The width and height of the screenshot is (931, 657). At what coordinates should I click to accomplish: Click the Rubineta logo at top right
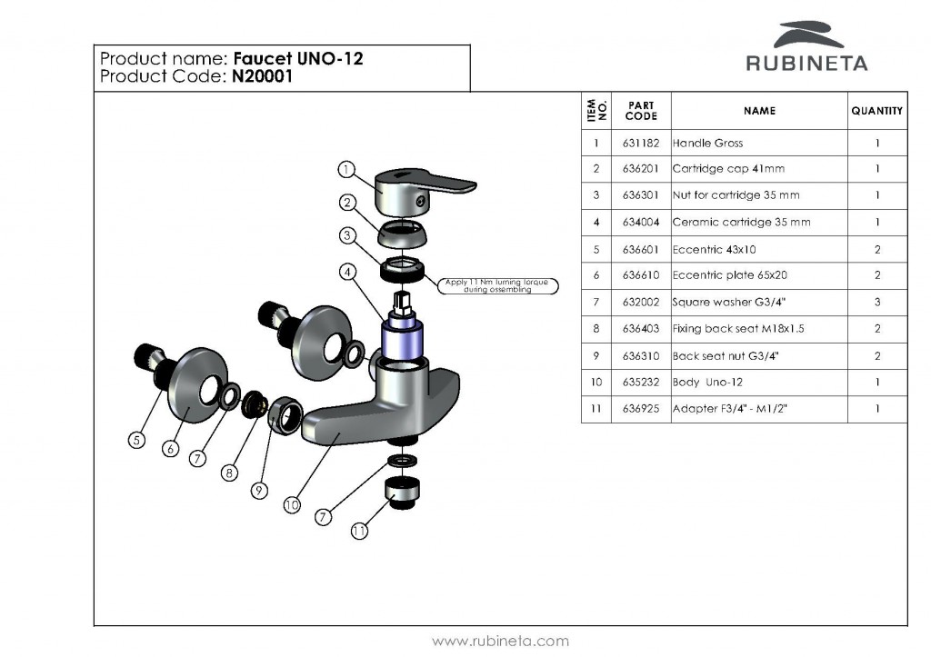coord(806,47)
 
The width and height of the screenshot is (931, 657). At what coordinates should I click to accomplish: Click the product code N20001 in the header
coord(262,77)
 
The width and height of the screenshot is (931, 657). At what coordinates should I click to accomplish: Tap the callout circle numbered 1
coord(345,168)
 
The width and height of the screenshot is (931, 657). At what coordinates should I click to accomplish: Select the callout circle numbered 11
coord(359,531)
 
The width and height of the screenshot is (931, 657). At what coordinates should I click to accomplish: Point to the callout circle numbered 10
coord(292,503)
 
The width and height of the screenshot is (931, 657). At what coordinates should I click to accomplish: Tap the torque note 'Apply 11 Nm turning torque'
coord(497,285)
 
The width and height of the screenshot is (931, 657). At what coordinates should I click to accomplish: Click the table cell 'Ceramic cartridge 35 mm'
coord(741,223)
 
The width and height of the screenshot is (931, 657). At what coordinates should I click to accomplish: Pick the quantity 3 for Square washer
coord(877,303)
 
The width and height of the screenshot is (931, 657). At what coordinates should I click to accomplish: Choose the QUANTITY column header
coord(876,111)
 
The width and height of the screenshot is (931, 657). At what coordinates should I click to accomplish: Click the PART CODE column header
coord(641,111)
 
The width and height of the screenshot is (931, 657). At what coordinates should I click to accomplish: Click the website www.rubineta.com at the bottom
coord(500,641)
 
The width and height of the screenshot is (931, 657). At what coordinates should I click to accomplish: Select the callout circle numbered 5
coord(136,441)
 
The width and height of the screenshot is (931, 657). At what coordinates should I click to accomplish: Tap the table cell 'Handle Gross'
coord(707,144)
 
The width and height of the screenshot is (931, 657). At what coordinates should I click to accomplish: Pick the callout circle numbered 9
coord(259,490)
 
